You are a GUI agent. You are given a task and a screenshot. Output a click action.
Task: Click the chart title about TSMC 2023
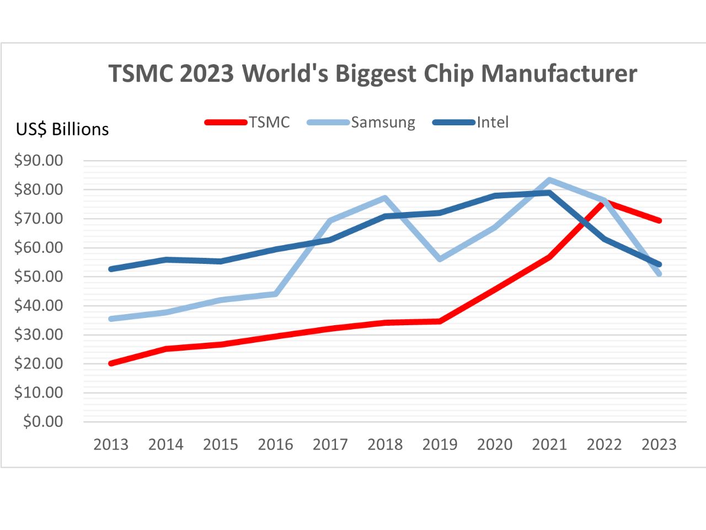click(372, 73)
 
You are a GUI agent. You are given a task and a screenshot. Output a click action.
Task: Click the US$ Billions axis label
click(62, 129)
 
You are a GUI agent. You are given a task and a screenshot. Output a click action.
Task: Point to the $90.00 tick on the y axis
click(39, 161)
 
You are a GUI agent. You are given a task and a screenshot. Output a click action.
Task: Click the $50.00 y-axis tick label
click(39, 277)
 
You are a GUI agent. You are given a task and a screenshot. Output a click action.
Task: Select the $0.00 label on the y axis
click(43, 422)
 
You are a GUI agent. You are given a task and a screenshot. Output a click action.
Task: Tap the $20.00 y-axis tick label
click(39, 363)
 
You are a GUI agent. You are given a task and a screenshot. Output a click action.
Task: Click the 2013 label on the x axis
click(111, 444)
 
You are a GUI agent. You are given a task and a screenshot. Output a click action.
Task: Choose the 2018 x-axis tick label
click(385, 444)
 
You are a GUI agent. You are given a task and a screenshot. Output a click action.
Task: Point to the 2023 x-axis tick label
click(659, 444)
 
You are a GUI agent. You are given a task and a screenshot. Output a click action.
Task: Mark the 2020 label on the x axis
click(495, 444)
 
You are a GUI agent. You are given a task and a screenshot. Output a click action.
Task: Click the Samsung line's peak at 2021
click(549, 181)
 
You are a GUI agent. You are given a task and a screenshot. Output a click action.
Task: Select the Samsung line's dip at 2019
click(440, 259)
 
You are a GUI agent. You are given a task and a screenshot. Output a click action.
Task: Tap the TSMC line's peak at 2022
click(604, 202)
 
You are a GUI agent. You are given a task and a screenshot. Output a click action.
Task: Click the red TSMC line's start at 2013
click(111, 363)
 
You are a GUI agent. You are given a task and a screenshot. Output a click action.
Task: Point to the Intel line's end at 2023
click(659, 264)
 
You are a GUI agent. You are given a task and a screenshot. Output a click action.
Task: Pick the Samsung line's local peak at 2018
click(385, 198)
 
